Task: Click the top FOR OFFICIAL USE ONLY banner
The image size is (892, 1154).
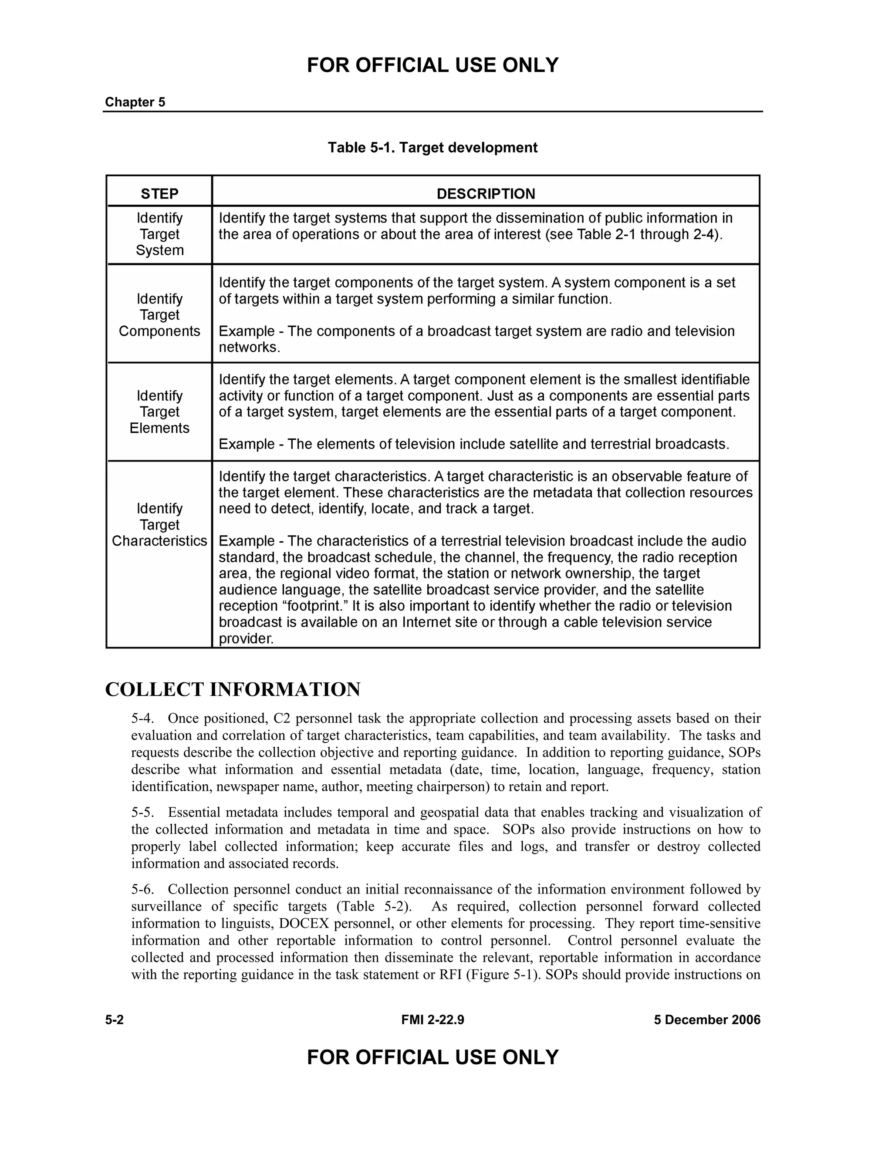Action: tap(432, 65)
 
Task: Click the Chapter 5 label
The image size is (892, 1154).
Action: tap(135, 102)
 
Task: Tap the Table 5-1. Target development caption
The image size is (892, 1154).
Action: tap(432, 148)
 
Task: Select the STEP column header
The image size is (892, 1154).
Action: tap(159, 193)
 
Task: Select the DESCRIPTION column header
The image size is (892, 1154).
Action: tap(486, 193)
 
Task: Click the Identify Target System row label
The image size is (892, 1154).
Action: tap(159, 234)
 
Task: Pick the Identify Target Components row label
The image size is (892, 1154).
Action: tap(159, 315)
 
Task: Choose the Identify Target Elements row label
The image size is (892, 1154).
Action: tap(159, 412)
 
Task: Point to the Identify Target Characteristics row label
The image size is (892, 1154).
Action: tap(159, 525)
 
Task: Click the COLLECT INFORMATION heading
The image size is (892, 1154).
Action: tap(233, 689)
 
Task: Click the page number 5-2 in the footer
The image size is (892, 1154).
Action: tap(114, 1020)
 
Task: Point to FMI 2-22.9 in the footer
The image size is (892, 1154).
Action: tap(432, 1020)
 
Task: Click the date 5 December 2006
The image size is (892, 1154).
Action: tap(707, 1020)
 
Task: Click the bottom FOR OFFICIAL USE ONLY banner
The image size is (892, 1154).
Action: tap(432, 1057)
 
